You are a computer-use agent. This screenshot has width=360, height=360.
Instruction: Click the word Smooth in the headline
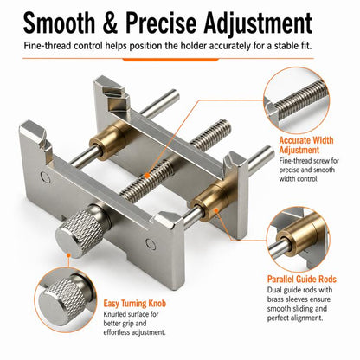pos(59,22)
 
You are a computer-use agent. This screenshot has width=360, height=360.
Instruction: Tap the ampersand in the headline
pos(110,22)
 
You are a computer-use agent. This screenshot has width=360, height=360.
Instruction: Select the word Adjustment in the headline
pos(258,24)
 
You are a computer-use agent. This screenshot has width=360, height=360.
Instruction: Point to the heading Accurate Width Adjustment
pos(306,145)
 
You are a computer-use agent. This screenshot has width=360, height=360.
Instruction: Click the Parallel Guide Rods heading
pos(302,279)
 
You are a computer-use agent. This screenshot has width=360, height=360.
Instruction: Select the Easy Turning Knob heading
pos(135,304)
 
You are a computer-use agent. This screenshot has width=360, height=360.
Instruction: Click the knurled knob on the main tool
pos(80,231)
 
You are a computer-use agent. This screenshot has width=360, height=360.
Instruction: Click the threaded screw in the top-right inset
pos(301,100)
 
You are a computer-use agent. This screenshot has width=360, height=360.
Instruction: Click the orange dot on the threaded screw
pos(147,175)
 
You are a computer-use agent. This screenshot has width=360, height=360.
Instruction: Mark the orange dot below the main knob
pos(68,255)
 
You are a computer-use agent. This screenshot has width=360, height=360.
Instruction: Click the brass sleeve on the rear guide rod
pos(108,140)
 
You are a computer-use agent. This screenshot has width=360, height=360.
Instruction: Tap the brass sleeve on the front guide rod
pos(211,202)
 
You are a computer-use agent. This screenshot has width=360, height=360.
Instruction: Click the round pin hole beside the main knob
pos(151,244)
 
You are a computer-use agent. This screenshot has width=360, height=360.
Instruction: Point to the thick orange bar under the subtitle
pos(170,60)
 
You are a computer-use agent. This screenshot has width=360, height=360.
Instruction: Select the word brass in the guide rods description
pos(276,299)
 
